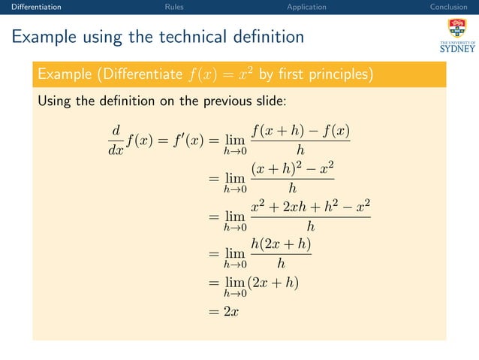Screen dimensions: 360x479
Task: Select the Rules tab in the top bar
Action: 174,7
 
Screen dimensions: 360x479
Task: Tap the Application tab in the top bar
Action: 306,7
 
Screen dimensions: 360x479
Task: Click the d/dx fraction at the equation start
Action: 115,139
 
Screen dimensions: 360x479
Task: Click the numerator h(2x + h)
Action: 281,245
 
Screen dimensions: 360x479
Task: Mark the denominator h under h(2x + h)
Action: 281,263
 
